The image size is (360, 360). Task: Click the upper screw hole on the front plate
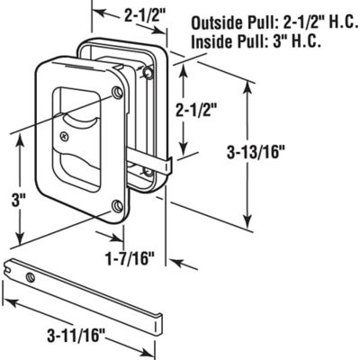pyautogui.click(x=119, y=94)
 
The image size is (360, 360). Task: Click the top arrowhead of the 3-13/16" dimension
pyautogui.click(x=247, y=83)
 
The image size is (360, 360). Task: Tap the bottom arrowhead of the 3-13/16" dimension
pyautogui.click(x=247, y=229)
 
